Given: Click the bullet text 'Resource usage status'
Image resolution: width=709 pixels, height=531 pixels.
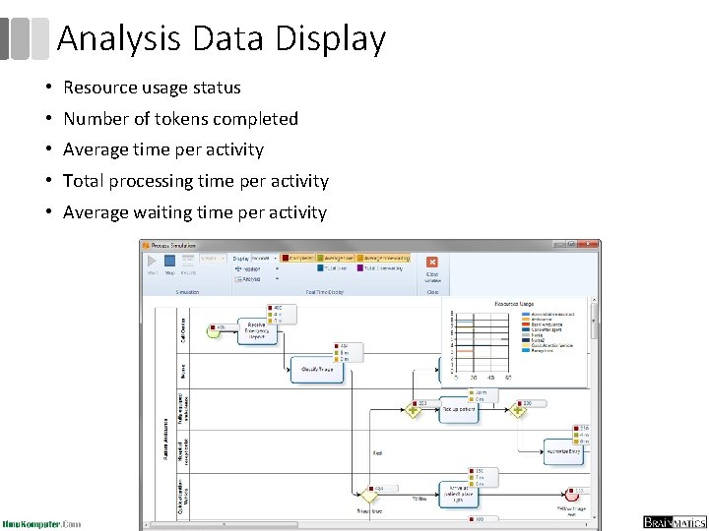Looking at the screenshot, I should coord(152,88).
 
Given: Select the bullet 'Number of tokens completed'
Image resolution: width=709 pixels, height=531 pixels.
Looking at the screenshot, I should coord(180,119).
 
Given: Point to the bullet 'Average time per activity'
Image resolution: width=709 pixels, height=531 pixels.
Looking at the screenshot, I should coord(163,150).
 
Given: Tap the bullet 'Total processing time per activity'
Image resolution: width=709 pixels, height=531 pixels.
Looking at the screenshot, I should coord(195,181).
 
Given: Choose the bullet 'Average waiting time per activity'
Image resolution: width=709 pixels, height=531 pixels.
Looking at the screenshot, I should coord(194,212).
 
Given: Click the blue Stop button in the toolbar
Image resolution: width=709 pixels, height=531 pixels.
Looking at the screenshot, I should coord(169,264).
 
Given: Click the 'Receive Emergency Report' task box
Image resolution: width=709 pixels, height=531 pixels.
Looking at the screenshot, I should coord(256,330).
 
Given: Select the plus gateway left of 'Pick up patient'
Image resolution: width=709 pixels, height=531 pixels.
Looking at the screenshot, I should coord(413,409).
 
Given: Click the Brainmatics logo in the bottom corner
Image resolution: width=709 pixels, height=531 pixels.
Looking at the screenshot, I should coord(675,522).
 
